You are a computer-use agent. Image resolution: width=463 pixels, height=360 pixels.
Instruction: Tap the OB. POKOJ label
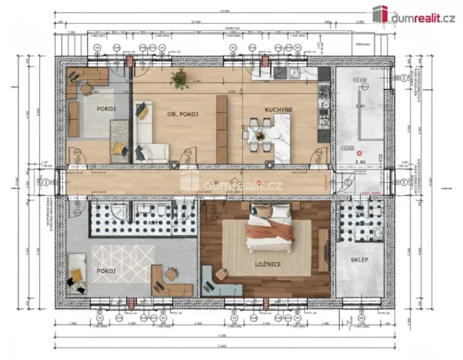(183, 114)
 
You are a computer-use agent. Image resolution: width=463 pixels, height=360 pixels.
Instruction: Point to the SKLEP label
(359, 260)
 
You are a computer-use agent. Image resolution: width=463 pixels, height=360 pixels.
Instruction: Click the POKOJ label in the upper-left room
(106, 109)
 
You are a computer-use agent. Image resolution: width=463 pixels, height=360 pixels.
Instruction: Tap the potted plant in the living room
(180, 78)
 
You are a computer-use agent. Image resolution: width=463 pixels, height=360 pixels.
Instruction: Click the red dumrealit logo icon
(379, 13)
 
